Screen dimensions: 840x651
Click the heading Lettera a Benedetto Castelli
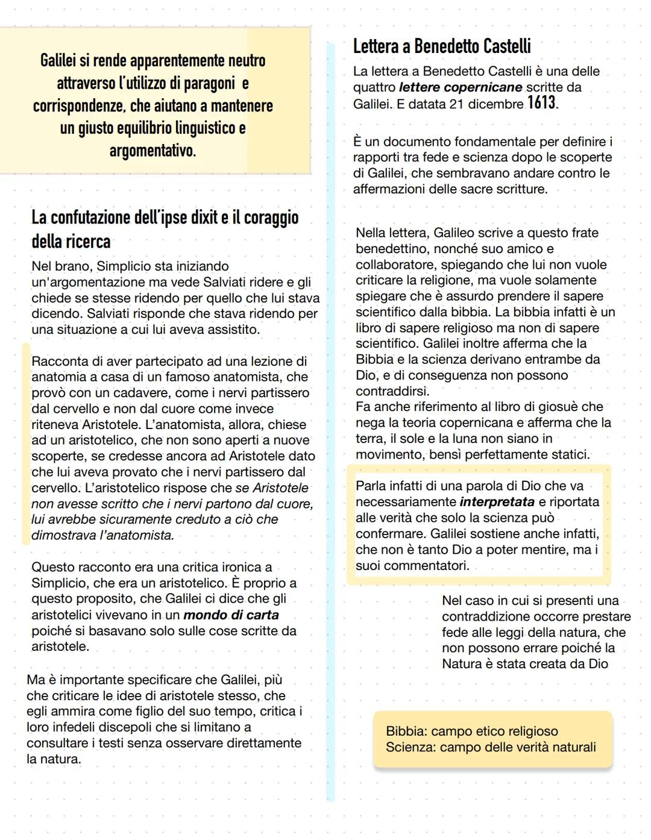442,46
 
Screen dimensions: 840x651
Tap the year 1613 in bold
541,102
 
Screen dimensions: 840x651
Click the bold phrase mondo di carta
231,615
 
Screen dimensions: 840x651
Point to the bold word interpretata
497,502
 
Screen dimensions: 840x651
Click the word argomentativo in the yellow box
153,151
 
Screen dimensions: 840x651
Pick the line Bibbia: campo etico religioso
471,732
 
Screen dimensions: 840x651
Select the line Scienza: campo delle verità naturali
490,747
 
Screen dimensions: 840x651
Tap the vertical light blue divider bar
330,422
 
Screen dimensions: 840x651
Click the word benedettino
389,249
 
